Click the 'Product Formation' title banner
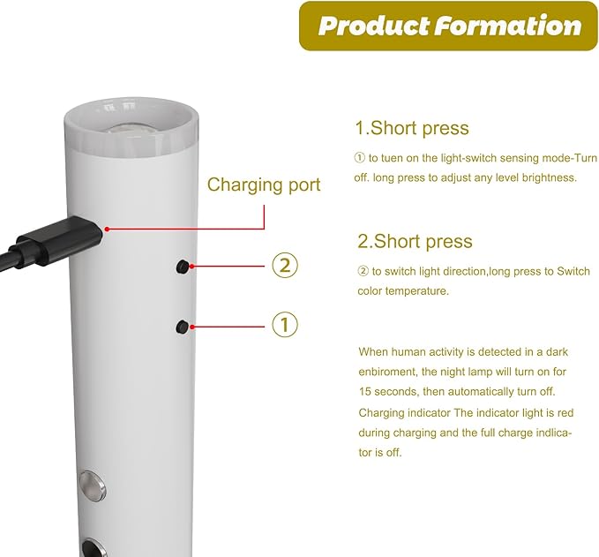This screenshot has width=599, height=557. [x=448, y=26]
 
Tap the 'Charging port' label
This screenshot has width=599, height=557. [x=264, y=185]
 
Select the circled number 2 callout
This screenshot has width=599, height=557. [x=285, y=266]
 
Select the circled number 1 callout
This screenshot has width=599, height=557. [x=285, y=325]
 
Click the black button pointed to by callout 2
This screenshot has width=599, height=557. [x=183, y=267]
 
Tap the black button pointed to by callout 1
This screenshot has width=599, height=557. [x=183, y=327]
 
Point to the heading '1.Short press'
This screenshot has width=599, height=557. [x=412, y=128]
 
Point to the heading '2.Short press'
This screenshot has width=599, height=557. [x=415, y=241]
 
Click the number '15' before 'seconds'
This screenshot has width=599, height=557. [x=365, y=392]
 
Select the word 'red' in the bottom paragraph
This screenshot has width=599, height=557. [x=565, y=413]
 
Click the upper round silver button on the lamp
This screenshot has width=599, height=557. [x=92, y=485]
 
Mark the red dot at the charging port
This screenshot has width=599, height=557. [x=108, y=229]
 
